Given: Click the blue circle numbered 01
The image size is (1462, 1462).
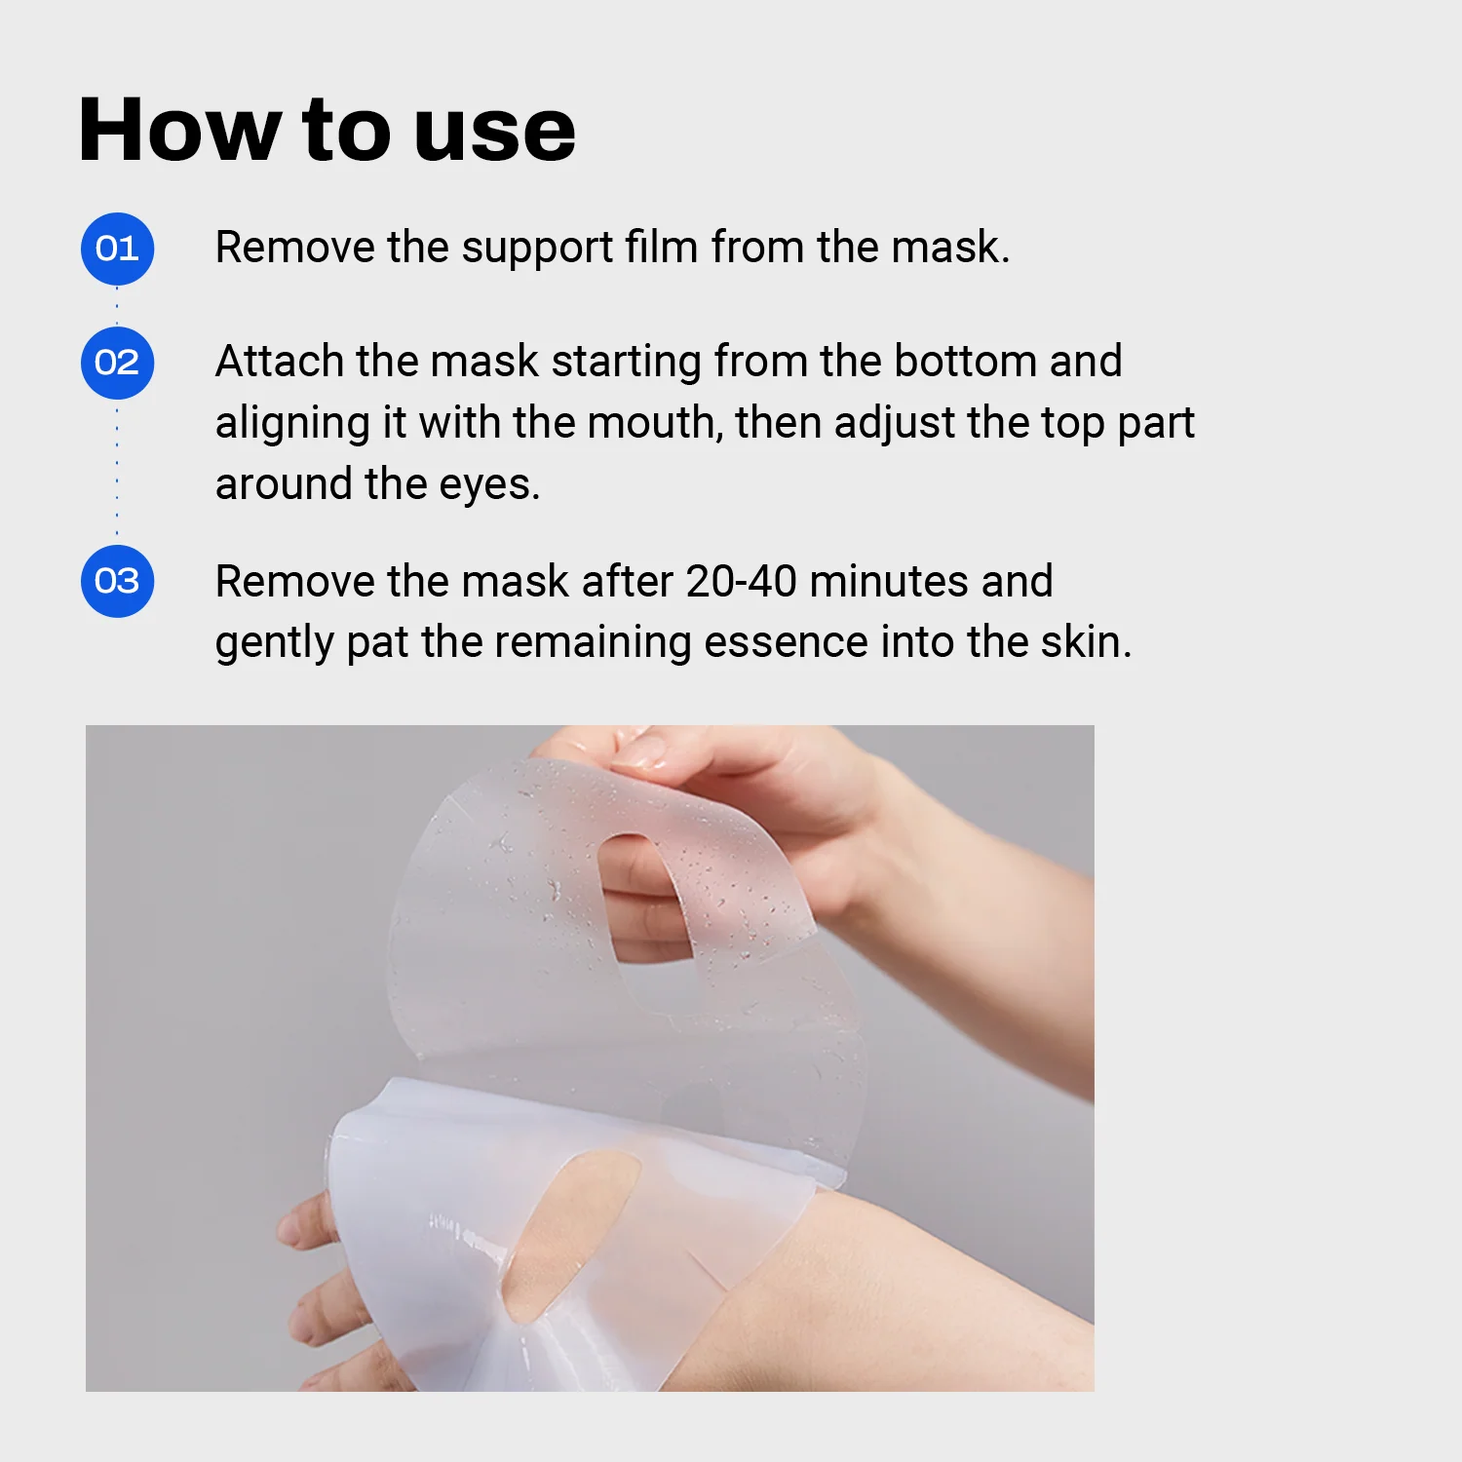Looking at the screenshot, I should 117,249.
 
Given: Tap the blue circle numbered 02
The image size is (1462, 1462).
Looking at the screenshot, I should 117,363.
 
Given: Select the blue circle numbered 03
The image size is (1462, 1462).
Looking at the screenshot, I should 117,581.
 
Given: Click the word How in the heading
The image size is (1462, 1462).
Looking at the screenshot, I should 179,130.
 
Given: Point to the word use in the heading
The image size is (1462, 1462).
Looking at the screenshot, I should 495,132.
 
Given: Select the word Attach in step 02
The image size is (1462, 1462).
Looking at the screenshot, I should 279,362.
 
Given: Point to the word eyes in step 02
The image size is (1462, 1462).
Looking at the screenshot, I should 489,485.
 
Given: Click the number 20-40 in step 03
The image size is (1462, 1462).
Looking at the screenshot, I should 741,582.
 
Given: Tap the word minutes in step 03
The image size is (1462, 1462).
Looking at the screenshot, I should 889,582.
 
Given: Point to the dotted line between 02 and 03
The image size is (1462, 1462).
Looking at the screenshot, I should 117,473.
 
